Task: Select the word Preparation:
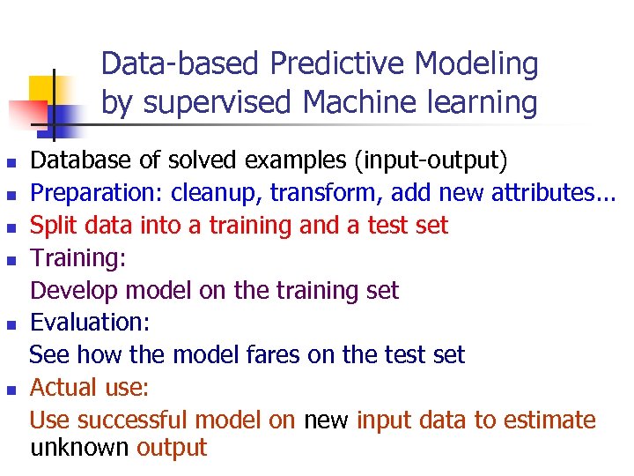pos(98,193)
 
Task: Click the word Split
pos(52,226)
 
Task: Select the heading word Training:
pos(78,258)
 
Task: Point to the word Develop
pos(76,290)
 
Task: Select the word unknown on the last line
pos(79,448)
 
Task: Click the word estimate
pos(551,420)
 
